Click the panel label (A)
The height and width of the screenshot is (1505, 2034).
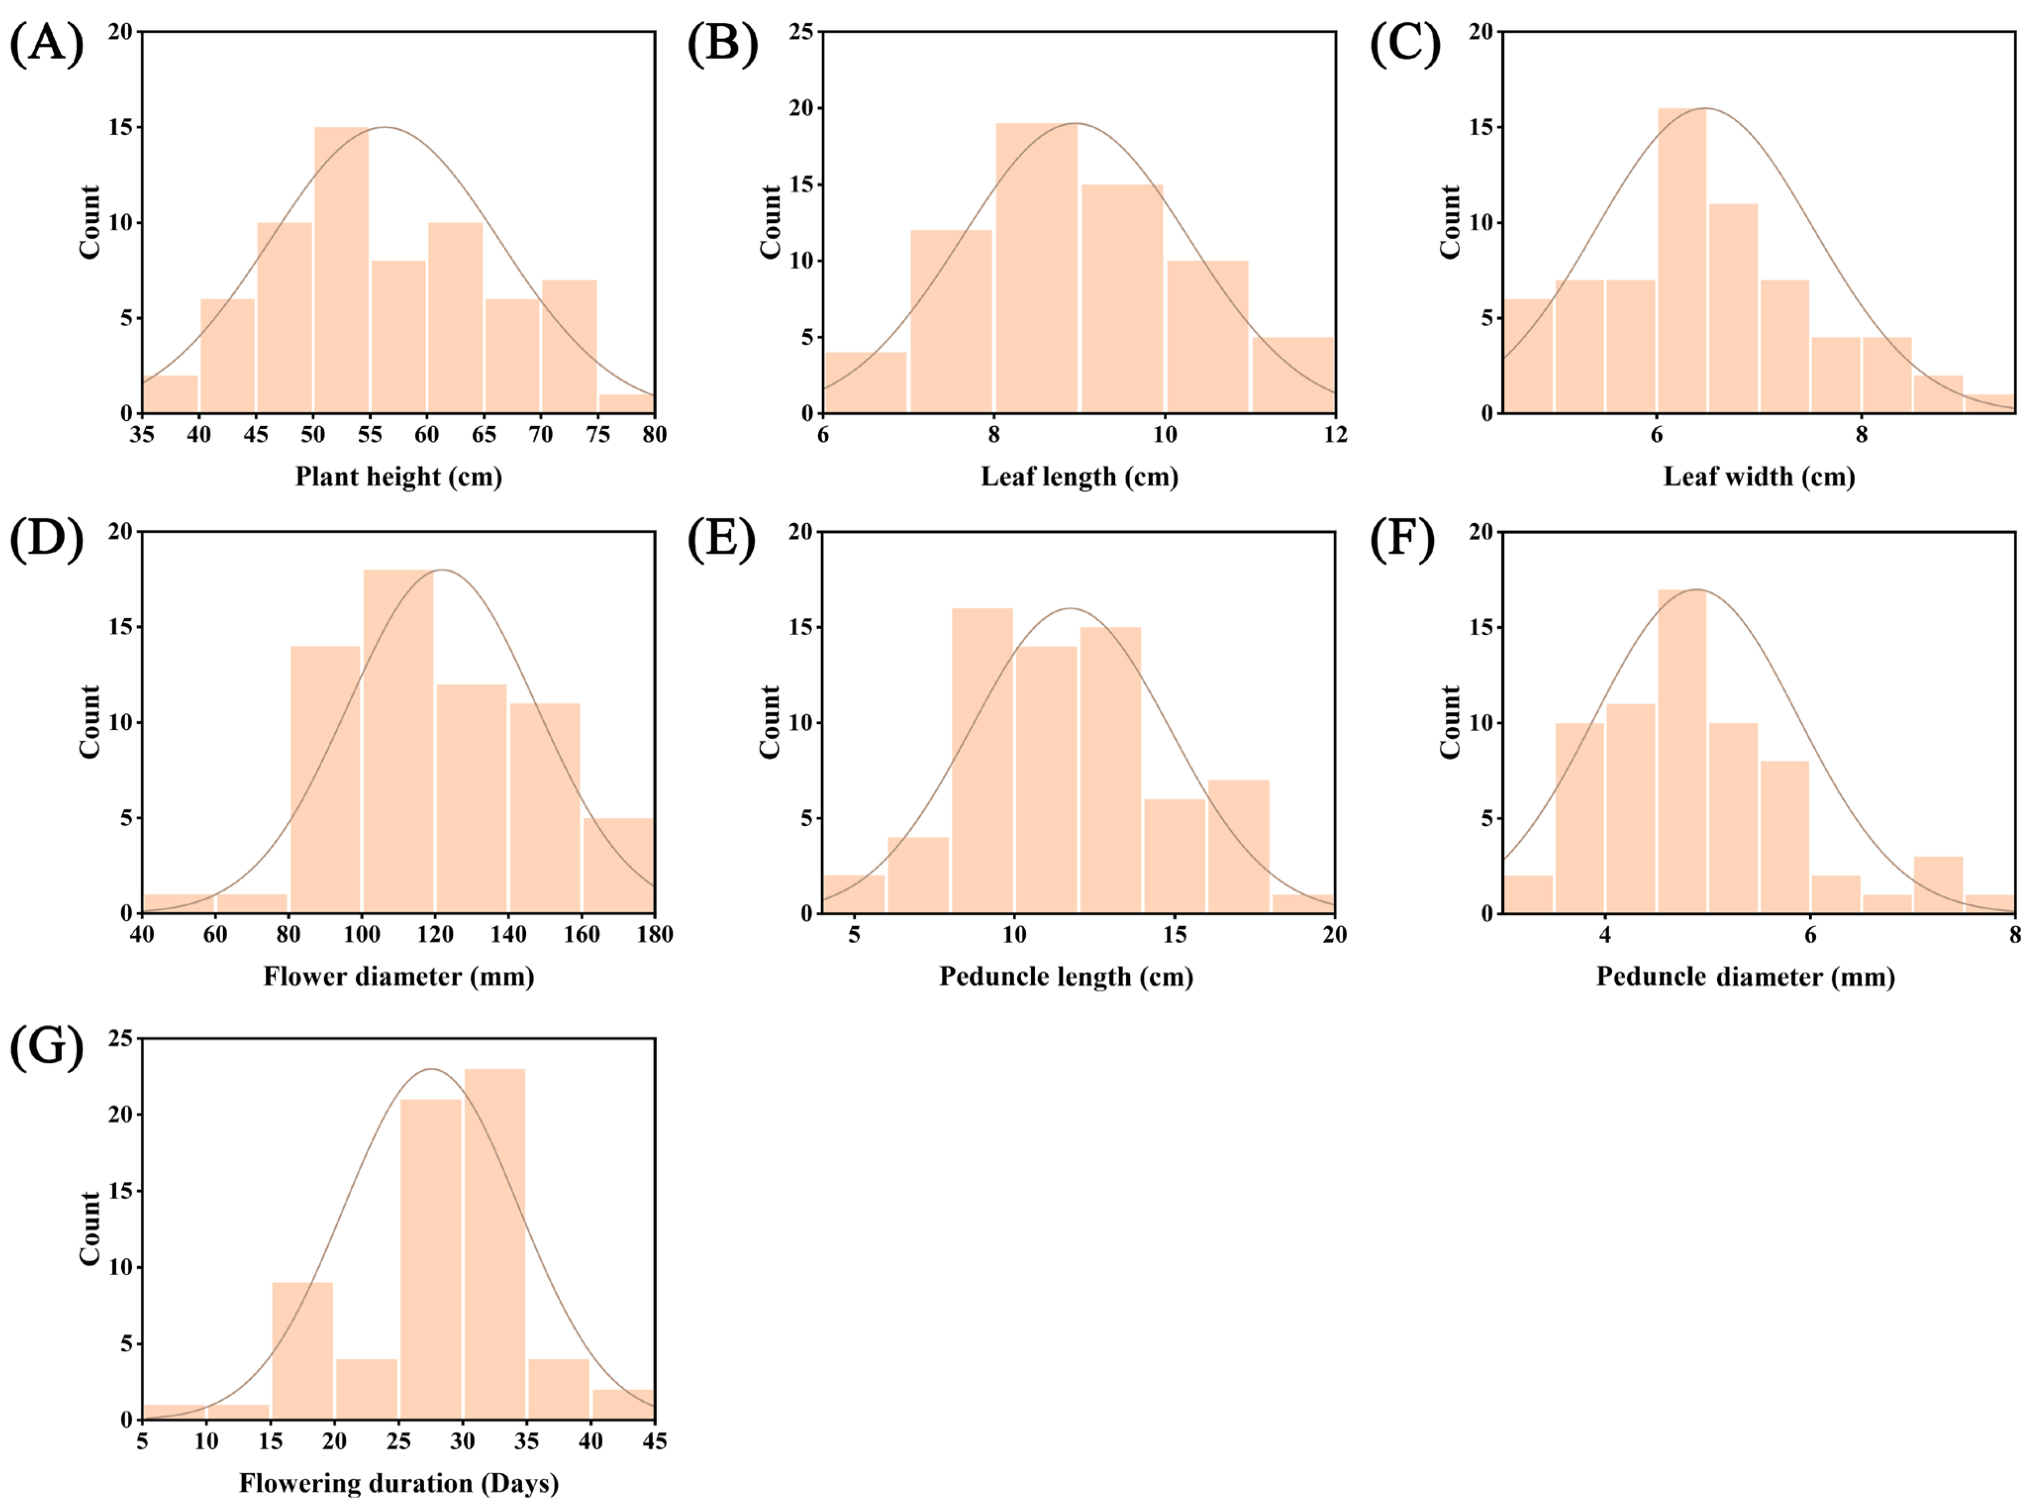(x=47, y=44)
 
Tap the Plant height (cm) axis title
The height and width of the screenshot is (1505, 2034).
(x=398, y=476)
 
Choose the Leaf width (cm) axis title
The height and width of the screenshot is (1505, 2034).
(x=1759, y=476)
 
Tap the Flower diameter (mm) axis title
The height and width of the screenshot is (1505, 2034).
(x=398, y=977)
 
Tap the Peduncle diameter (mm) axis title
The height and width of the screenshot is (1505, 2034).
(x=1745, y=977)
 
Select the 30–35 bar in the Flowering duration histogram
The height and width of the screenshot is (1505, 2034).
(x=495, y=1244)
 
